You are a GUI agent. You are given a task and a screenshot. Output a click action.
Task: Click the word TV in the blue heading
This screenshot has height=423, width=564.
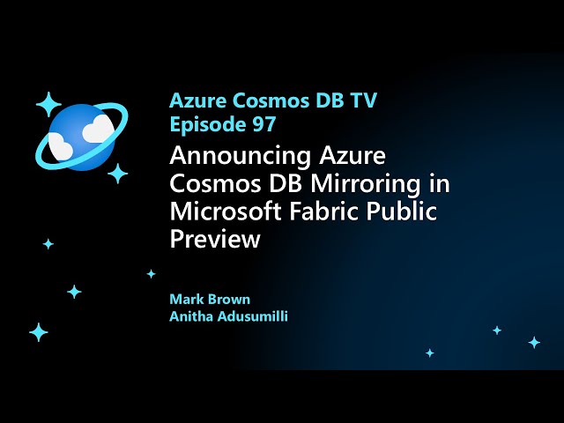[360, 100]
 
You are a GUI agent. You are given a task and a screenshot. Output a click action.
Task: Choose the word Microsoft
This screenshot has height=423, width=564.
[229, 212]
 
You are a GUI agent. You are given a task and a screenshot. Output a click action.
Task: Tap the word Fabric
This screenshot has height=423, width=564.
[330, 212]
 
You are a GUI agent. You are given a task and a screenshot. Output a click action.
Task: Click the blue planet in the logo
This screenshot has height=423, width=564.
[80, 134]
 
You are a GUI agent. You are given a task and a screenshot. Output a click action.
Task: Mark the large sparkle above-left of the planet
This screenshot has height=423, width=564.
[48, 104]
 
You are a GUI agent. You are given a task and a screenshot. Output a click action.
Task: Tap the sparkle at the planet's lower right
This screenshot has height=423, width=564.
[117, 173]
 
